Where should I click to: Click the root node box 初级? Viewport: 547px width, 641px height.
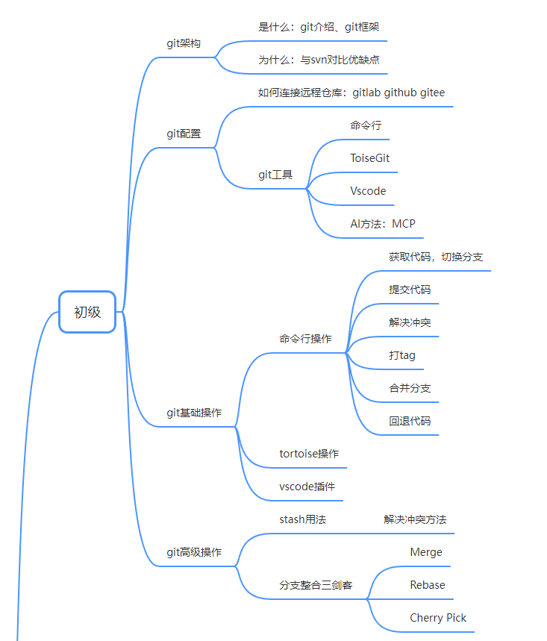[x=87, y=312]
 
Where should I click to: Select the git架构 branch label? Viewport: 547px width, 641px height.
[x=184, y=43]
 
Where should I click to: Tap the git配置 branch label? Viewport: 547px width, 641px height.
[x=184, y=134]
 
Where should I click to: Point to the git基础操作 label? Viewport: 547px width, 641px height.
[x=194, y=413]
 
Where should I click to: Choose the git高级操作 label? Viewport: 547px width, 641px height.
[x=194, y=553]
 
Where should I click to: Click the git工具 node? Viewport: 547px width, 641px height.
[x=275, y=175]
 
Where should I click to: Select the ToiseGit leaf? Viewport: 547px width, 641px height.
[x=370, y=158]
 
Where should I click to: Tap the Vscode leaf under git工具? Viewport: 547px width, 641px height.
[x=369, y=191]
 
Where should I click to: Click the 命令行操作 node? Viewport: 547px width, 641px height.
[x=306, y=339]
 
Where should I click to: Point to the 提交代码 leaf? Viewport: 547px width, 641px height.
[x=410, y=290]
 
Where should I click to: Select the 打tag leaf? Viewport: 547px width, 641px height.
[x=402, y=355]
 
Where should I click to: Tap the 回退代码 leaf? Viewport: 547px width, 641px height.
[x=410, y=421]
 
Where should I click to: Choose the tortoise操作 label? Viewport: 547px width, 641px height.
[x=309, y=454]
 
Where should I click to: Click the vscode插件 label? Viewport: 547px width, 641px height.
[x=307, y=487]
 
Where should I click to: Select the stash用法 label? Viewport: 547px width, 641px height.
[x=303, y=519]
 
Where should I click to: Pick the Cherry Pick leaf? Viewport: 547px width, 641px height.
[x=438, y=618]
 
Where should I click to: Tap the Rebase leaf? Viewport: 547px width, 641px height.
[x=428, y=585]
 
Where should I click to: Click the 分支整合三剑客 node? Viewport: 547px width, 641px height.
[x=316, y=585]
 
